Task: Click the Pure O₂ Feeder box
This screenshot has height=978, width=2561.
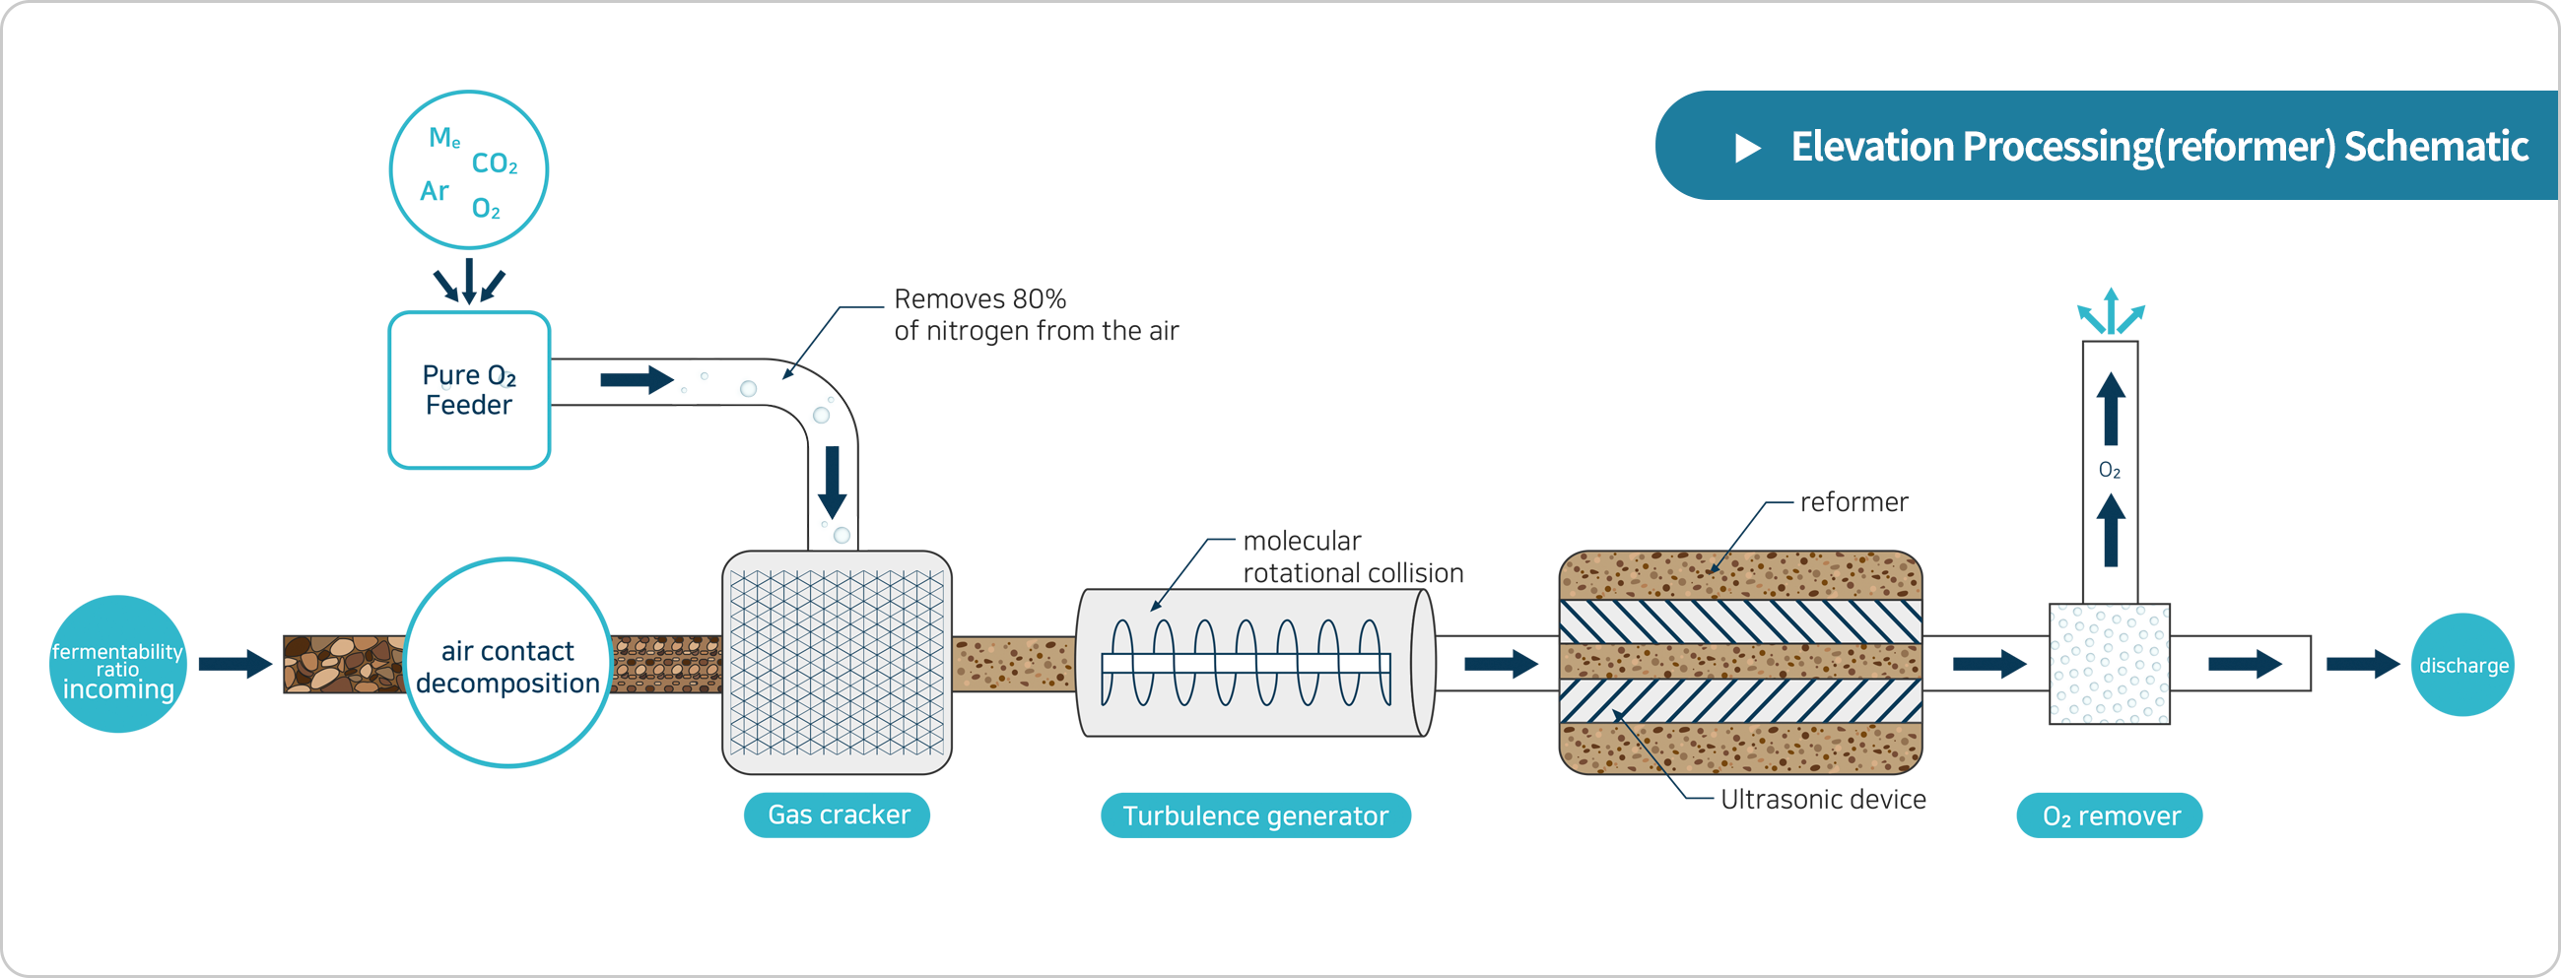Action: pos(468,390)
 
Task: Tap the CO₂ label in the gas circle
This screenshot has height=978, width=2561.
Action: pos(494,163)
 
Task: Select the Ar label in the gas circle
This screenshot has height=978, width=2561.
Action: pos(435,191)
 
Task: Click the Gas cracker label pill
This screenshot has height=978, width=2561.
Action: pos(838,815)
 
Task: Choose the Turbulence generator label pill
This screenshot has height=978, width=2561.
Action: pos(1254,816)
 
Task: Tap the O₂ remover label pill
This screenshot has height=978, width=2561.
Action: pos(2110,816)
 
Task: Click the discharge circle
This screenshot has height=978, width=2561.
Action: pos(2462,665)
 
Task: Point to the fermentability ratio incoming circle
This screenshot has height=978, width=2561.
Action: pos(117,665)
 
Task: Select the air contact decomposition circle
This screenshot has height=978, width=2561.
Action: pos(508,664)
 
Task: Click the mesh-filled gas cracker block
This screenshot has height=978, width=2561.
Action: pos(837,663)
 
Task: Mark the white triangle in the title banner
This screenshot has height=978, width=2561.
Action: pos(1747,148)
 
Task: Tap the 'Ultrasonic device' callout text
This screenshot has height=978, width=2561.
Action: pos(1822,799)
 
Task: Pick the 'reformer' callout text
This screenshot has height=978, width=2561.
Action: pos(1853,502)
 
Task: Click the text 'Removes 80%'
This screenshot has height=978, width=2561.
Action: pos(979,298)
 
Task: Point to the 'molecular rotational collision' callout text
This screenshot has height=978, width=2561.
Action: pos(1352,556)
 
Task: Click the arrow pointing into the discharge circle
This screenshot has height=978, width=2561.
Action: pos(2363,664)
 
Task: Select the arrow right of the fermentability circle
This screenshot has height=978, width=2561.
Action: pos(236,664)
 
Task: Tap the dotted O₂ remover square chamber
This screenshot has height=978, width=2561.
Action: pos(2109,664)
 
